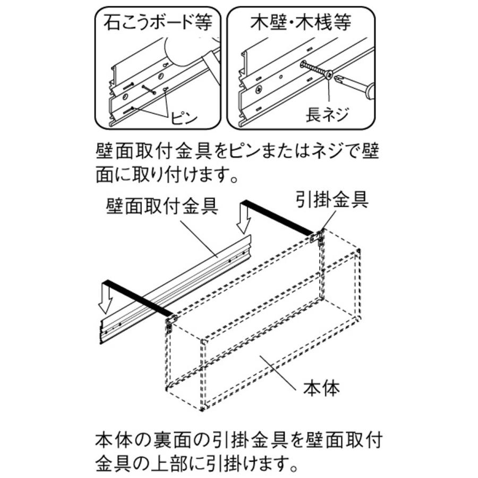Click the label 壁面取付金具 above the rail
point(161,205)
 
